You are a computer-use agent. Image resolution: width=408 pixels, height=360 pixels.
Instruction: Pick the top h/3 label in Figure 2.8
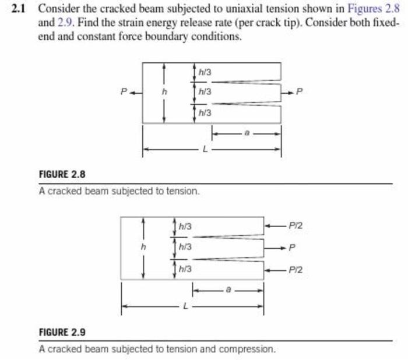click(x=205, y=72)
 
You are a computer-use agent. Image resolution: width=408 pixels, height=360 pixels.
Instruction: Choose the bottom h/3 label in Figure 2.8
click(x=205, y=112)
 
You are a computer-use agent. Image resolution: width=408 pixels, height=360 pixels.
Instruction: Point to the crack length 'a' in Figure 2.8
click(x=247, y=133)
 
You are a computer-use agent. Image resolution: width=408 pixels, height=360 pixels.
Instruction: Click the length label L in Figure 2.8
click(x=203, y=150)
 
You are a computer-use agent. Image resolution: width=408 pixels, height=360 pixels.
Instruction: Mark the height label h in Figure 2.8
click(x=164, y=92)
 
